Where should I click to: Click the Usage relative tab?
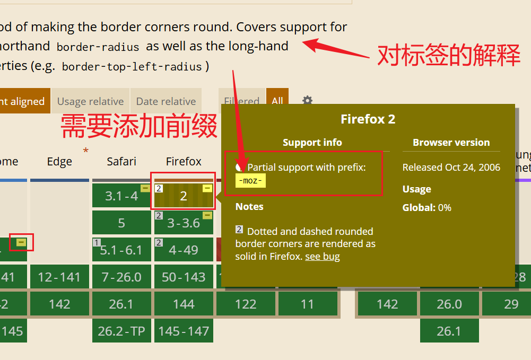pos(90,101)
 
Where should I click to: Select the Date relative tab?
pos(166,101)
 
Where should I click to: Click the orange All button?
pos(277,101)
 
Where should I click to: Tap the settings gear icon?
pos(307,101)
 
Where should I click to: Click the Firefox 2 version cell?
pos(184,196)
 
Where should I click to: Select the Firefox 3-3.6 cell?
pos(184,223)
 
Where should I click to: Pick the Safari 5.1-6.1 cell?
pos(121,250)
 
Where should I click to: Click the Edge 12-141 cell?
pos(59,277)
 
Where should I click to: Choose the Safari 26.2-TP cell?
pos(121,331)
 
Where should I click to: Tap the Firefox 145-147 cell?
pos(184,331)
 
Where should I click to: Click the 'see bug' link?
pos(323,257)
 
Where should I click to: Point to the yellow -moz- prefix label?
pos(250,181)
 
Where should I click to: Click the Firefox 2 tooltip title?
pos(368,119)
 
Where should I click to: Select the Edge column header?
pos(59,162)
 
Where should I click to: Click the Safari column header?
pos(121,161)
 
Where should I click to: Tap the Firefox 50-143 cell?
pos(184,277)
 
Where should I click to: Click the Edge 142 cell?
pos(59,304)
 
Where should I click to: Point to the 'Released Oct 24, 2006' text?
pos(451,168)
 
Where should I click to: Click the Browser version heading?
pos(451,143)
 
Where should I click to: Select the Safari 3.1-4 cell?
pos(121,196)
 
